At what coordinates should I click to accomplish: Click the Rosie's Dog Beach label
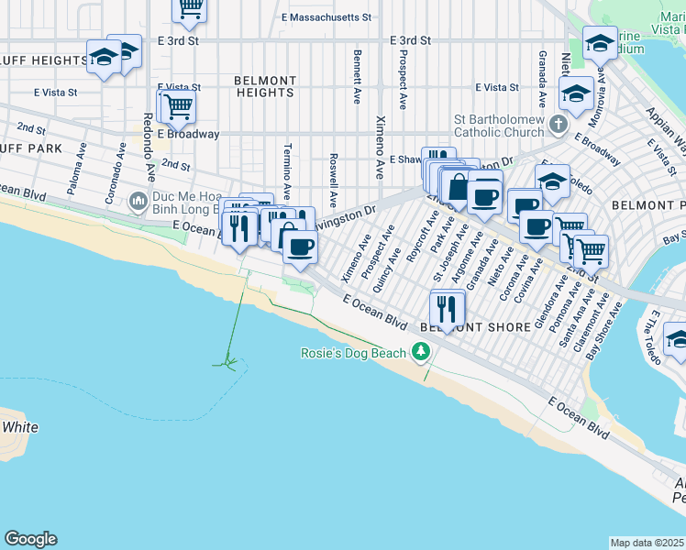coord(352,353)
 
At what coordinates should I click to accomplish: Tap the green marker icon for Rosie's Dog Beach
coord(420,351)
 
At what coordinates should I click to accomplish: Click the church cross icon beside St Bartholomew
coord(559,122)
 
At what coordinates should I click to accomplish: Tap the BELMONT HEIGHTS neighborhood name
coord(264,86)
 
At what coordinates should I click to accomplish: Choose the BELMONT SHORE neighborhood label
coord(475,327)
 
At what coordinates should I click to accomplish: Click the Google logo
coord(30,539)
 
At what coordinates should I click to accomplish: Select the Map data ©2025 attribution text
coord(647,543)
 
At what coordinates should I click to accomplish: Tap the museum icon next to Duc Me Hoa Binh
coord(138,199)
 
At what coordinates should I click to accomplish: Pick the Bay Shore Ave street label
coord(603,331)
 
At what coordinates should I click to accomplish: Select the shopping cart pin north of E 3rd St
coord(190,9)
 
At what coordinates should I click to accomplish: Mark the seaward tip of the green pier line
coord(226,363)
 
